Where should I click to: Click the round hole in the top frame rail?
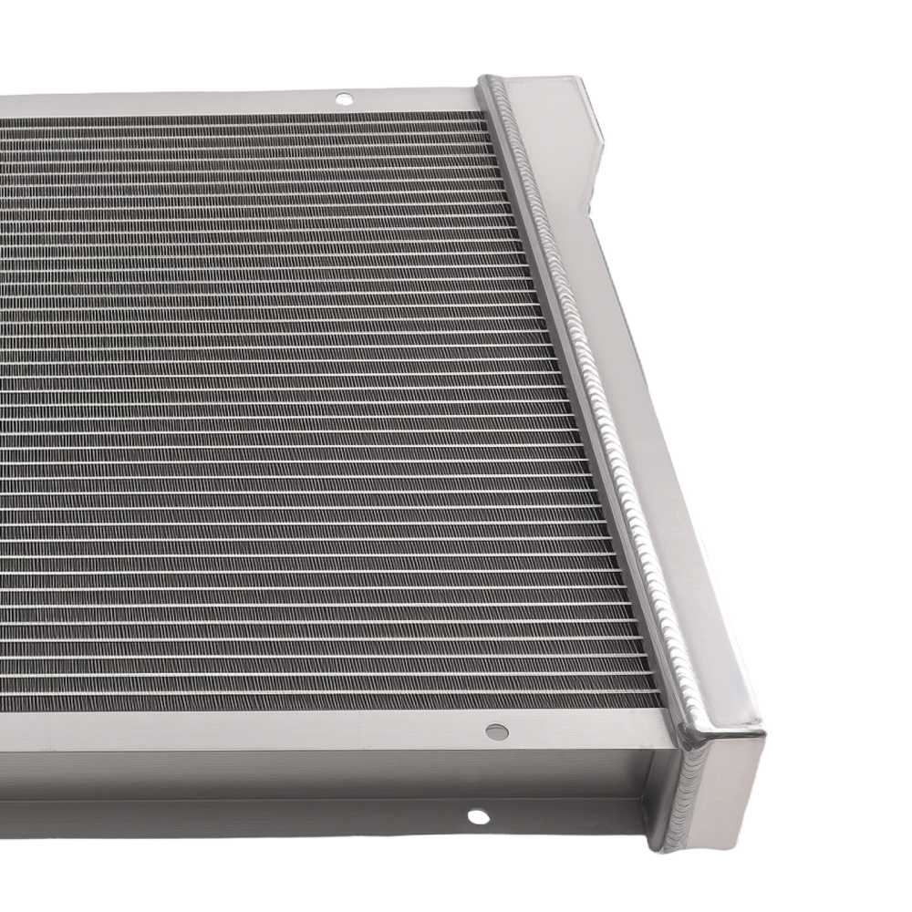point(344,98)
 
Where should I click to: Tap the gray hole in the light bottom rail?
point(496,731)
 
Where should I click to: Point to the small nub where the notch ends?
point(603,143)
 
